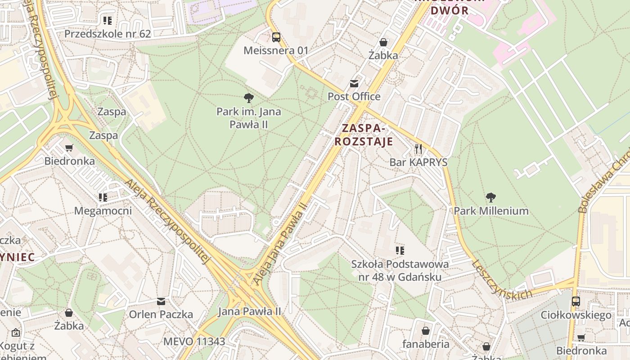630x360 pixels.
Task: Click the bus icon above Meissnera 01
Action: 276,37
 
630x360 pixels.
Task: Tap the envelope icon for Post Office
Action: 354,84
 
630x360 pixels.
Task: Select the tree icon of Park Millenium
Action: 491,197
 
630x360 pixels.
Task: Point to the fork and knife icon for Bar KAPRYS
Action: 418,149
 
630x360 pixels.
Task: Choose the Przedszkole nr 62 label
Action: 108,34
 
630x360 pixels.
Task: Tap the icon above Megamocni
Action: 103,197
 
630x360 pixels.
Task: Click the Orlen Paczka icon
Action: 161,301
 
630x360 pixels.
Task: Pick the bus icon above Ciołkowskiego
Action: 576,301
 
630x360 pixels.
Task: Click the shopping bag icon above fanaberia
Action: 426,331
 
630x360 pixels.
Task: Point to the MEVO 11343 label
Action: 194,341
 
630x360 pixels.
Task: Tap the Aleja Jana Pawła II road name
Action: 280,243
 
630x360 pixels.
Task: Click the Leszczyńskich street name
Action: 501,279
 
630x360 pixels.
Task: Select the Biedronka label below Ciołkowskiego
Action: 581,351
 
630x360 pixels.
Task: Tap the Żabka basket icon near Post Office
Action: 383,42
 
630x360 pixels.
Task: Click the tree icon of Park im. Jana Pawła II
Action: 248,98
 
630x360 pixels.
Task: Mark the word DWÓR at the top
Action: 450,11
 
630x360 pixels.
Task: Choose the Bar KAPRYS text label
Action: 418,162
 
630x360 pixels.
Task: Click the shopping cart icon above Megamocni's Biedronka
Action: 69,148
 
